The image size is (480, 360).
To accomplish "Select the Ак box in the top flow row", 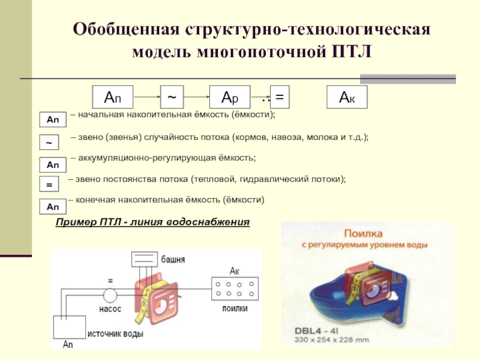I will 346,97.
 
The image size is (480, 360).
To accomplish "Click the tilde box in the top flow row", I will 172,97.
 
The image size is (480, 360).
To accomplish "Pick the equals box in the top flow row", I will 280,97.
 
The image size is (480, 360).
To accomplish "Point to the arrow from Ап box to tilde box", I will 146,97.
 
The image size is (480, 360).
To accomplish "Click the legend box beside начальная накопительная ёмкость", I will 53,120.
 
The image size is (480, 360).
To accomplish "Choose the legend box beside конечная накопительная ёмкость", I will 53,207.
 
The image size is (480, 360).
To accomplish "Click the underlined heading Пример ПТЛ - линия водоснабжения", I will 152,222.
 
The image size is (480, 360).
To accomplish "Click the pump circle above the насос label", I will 110,295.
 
